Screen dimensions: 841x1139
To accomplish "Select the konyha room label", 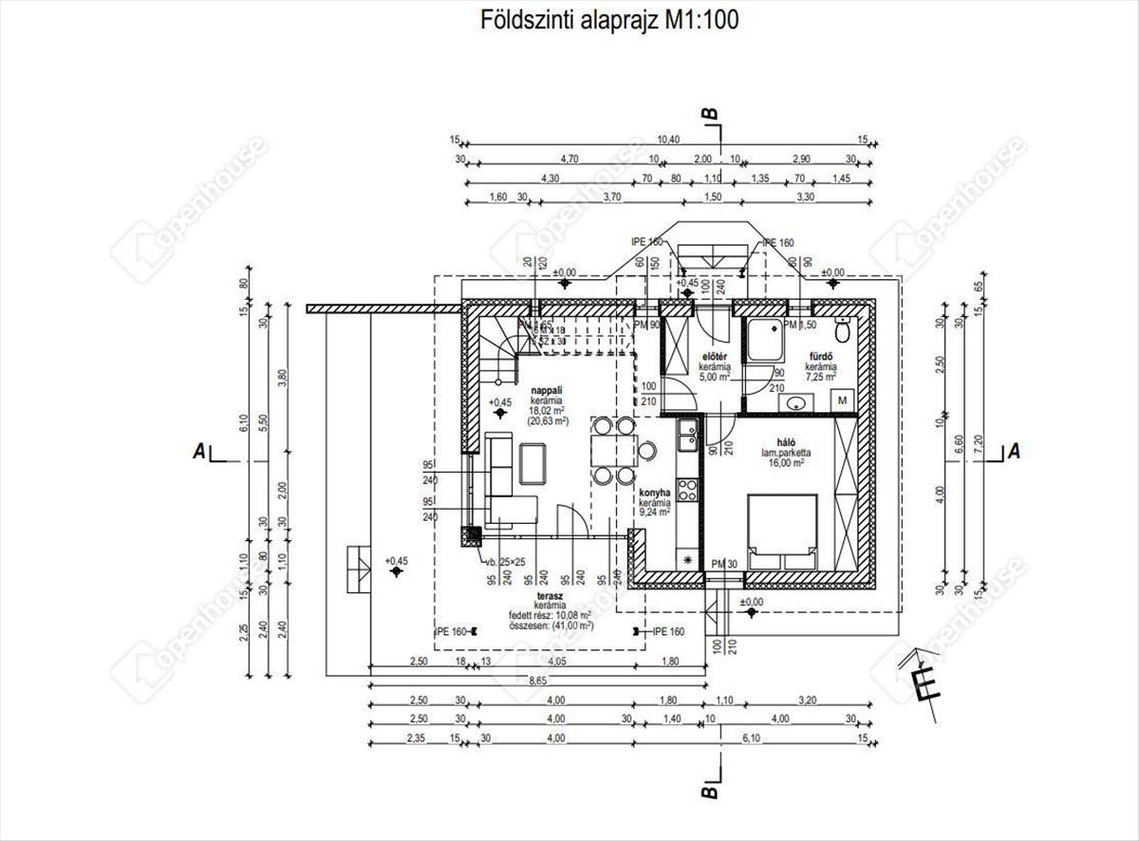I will point(655,493).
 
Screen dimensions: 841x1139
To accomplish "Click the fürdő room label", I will point(821,357).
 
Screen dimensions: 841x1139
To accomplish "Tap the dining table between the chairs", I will point(609,451).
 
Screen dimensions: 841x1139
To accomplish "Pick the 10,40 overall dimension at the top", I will point(669,140).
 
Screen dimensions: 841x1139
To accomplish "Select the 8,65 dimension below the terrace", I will point(537,680).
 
